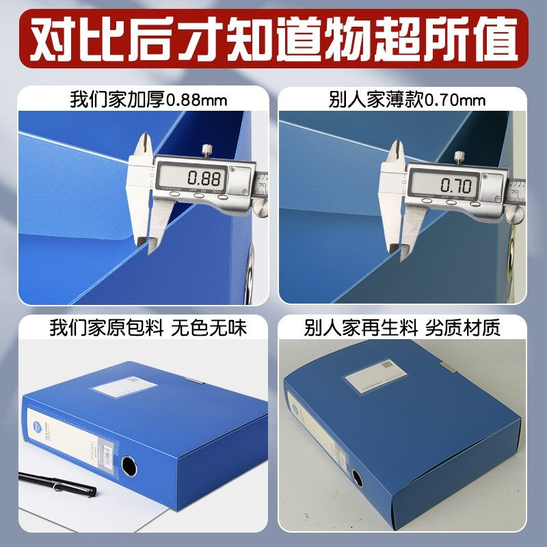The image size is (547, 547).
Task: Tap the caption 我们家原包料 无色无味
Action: click(x=148, y=328)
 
